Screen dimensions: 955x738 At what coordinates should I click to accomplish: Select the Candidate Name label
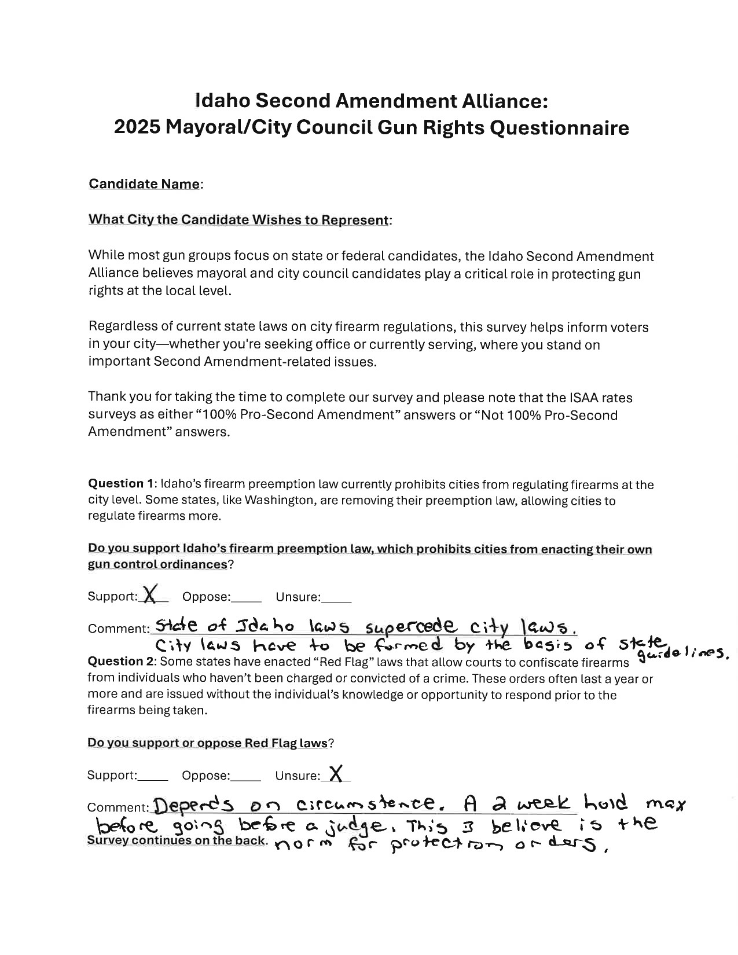click(145, 184)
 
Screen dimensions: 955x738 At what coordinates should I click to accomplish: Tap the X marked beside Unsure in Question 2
click(336, 773)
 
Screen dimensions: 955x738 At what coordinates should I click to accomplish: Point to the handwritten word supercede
click(412, 627)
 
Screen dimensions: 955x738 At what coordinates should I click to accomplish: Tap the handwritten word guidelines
click(681, 654)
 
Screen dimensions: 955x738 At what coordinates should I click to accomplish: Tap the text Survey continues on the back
click(177, 840)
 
